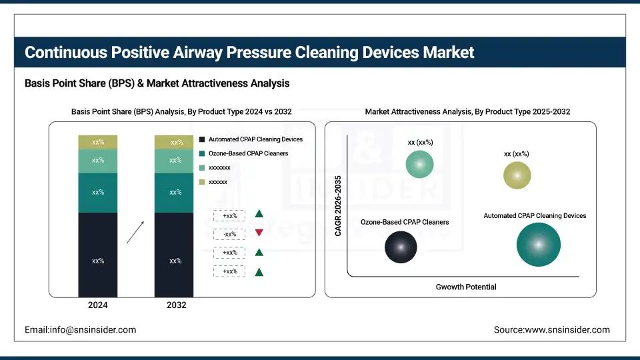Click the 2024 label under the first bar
point(97,305)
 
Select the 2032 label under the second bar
point(175,305)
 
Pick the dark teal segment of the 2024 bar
point(97,193)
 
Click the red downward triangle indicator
point(259,233)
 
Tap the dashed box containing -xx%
point(230,234)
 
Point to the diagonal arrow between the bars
point(135,232)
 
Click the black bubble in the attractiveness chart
point(401,247)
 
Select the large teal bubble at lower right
point(538,245)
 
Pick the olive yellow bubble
point(517,175)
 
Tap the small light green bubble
point(419,164)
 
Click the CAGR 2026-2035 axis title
point(338,206)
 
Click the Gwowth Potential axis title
point(466,287)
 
